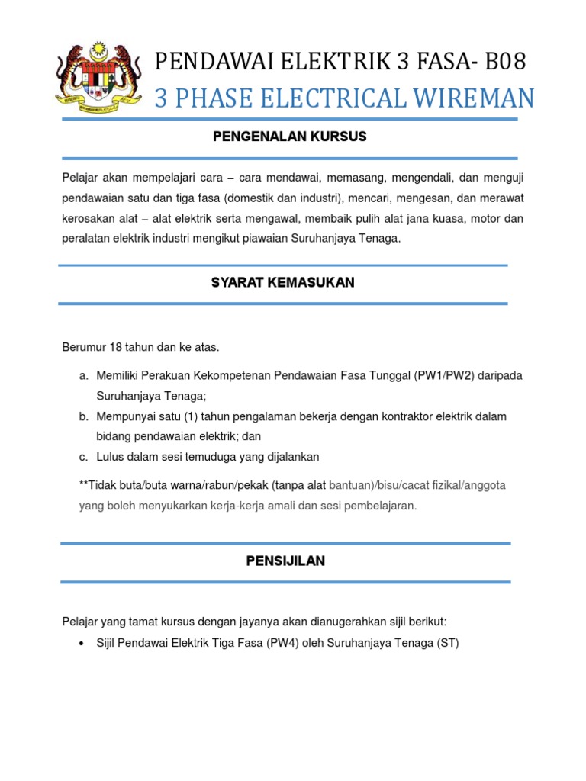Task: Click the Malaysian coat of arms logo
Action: pos(98,76)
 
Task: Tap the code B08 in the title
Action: pos(502,62)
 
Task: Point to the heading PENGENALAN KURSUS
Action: pos(290,137)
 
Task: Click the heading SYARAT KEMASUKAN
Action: pos(283,282)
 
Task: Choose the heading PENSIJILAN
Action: pos(285,561)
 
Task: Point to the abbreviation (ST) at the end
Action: pos(447,642)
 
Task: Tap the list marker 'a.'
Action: pos(83,377)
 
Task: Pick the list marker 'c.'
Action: pos(83,456)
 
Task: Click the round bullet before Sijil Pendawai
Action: pos(82,643)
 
